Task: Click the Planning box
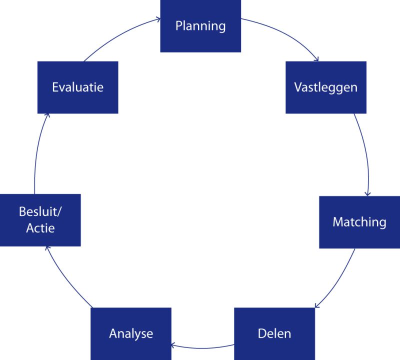coord(200,25)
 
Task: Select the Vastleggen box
coord(325,87)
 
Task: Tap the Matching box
coord(359,222)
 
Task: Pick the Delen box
coord(274,333)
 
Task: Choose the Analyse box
coord(131,333)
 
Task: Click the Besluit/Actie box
coord(40,220)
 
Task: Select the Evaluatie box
coord(78,87)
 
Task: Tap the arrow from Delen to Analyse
coord(202,346)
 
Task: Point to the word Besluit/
coord(40,212)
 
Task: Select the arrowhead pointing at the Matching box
coord(367,194)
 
